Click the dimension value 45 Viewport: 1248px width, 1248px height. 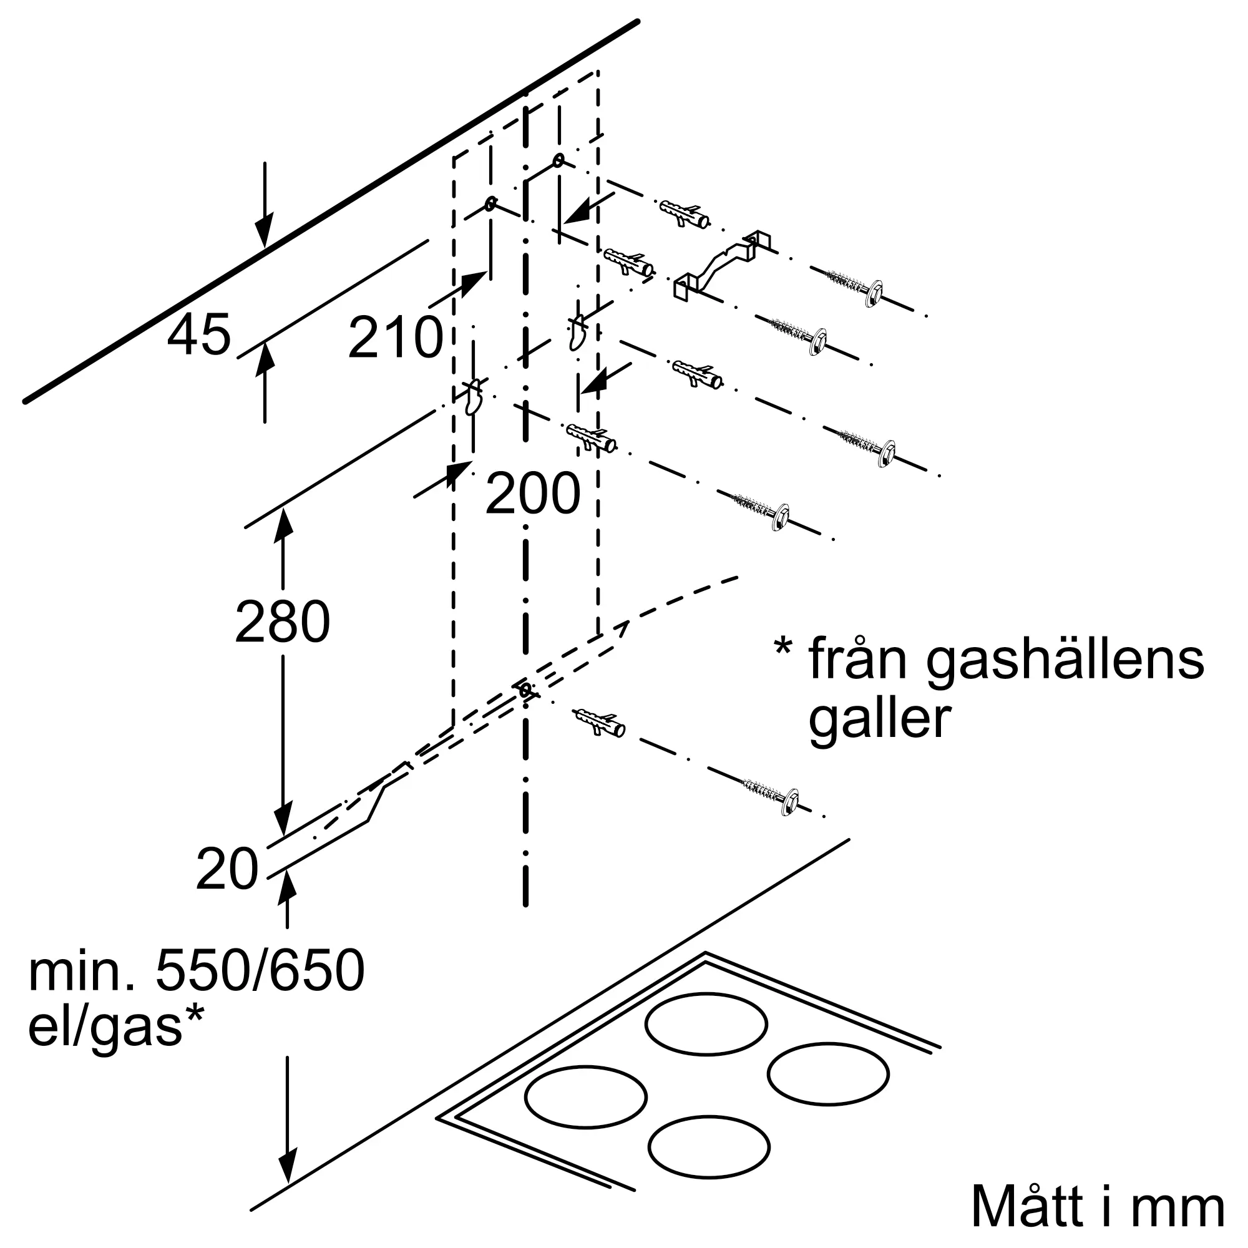click(199, 334)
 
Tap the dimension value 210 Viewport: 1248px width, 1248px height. click(396, 337)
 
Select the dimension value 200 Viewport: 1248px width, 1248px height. click(533, 494)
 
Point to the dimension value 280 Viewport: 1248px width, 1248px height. click(283, 622)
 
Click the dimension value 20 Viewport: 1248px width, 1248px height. click(227, 869)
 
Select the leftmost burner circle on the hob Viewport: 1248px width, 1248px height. click(586, 1096)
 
